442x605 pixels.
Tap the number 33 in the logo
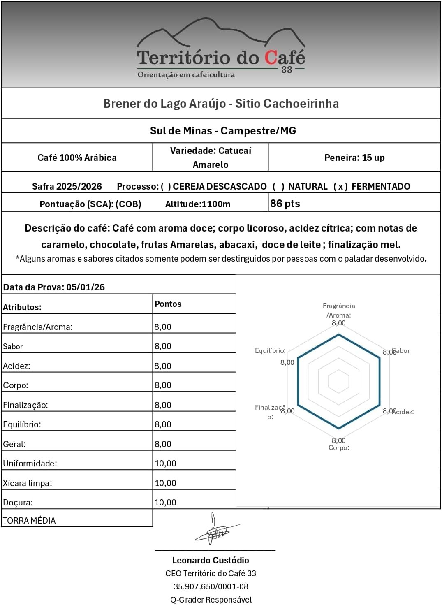(x=287, y=70)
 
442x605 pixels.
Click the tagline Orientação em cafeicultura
(x=186, y=75)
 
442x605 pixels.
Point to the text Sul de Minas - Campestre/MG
(x=223, y=131)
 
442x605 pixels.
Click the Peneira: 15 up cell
(x=354, y=158)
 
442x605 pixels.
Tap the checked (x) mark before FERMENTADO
(x=340, y=187)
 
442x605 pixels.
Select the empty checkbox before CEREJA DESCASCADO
(x=166, y=187)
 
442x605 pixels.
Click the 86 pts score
(x=285, y=204)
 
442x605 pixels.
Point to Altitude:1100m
(x=198, y=204)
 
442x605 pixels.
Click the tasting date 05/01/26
(x=86, y=287)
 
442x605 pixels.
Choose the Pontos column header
(x=168, y=304)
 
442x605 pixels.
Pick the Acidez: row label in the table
(x=16, y=366)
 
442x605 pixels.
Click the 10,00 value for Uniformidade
(x=165, y=464)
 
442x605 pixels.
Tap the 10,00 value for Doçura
(x=165, y=503)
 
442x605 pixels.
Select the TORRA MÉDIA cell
(x=29, y=521)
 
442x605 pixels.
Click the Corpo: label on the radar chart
(x=339, y=448)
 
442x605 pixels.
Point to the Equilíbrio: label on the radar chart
(x=270, y=351)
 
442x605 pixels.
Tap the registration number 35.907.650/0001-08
(x=211, y=586)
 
